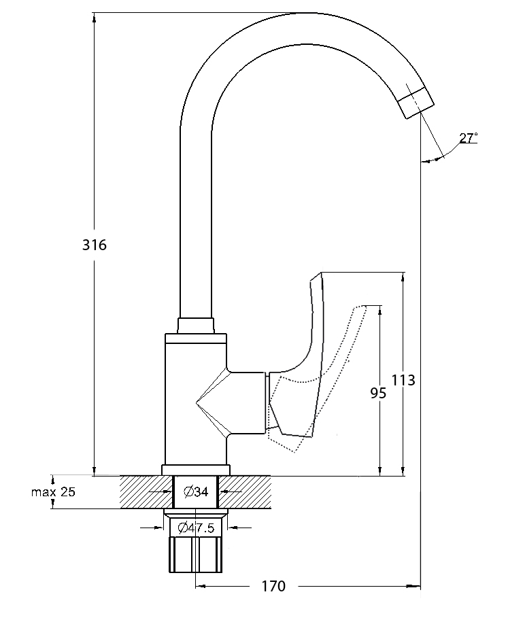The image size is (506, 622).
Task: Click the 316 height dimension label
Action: pyautogui.click(x=95, y=245)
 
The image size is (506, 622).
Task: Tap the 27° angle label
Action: pyautogui.click(x=469, y=138)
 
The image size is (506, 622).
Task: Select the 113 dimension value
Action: pyautogui.click(x=403, y=380)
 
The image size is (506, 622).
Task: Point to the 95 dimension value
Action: pyautogui.click(x=378, y=393)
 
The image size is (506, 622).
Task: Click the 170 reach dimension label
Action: pyautogui.click(x=273, y=586)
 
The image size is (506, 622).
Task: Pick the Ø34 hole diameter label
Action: pyautogui.click(x=196, y=492)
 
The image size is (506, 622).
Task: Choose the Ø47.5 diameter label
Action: pyautogui.click(x=196, y=528)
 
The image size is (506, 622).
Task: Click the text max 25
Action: pyautogui.click(x=53, y=492)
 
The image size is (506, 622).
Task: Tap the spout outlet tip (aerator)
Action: pyautogui.click(x=416, y=101)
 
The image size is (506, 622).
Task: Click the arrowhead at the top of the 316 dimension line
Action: pyautogui.click(x=94, y=18)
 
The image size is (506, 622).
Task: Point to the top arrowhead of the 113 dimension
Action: pyautogui.click(x=403, y=277)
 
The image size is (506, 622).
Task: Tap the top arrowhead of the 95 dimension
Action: pyautogui.click(x=380, y=310)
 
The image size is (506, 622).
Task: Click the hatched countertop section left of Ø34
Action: pyautogui.click(x=146, y=492)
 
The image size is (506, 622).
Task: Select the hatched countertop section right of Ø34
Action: pyautogui.click(x=245, y=492)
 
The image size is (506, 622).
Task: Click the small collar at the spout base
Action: pyautogui.click(x=196, y=326)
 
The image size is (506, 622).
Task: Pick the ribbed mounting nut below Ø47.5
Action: pyautogui.click(x=196, y=555)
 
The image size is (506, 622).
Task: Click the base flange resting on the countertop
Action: pyautogui.click(x=196, y=470)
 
